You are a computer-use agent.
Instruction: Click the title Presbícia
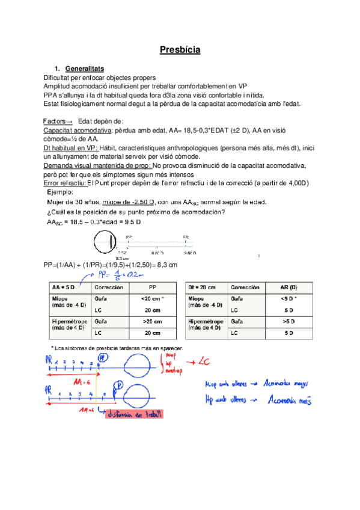click(180, 50)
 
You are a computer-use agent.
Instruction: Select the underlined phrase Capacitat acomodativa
click(78, 130)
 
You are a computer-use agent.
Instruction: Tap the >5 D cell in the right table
click(288, 322)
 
